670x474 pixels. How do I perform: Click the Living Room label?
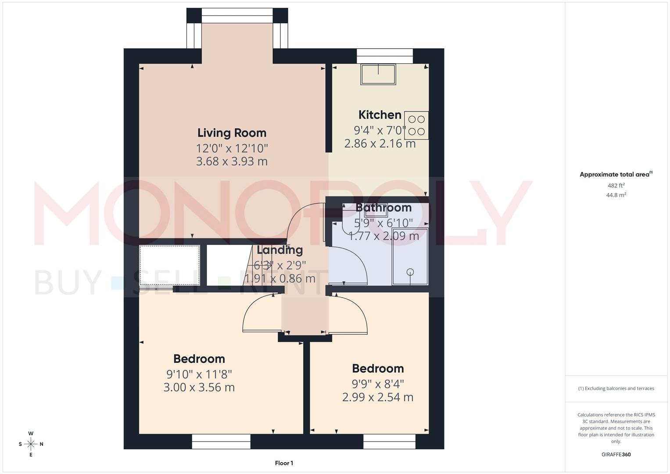(x=232, y=133)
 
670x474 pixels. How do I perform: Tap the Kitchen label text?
(x=380, y=115)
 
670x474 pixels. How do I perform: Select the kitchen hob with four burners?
(x=416, y=126)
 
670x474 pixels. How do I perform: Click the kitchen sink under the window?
(x=378, y=74)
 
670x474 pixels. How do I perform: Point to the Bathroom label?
(x=383, y=207)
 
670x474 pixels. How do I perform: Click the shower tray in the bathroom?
(x=410, y=256)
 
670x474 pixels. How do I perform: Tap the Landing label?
(x=279, y=250)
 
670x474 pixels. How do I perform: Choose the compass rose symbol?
(x=31, y=444)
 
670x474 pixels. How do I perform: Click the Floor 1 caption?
(x=284, y=463)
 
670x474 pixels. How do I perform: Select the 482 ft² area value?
(x=616, y=186)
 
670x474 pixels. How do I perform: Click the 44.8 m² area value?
(x=616, y=195)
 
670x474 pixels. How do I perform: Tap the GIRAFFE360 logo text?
(x=616, y=454)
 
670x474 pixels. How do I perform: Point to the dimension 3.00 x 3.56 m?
(x=199, y=388)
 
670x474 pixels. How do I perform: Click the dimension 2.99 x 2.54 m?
(x=377, y=397)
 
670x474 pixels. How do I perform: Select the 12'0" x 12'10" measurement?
(x=232, y=148)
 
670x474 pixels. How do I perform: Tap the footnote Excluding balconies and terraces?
(x=616, y=388)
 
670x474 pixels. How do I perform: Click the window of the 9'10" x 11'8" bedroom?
(x=221, y=442)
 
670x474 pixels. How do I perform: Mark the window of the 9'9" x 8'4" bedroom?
(x=389, y=442)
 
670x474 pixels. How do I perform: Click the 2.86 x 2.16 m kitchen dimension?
(x=380, y=144)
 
